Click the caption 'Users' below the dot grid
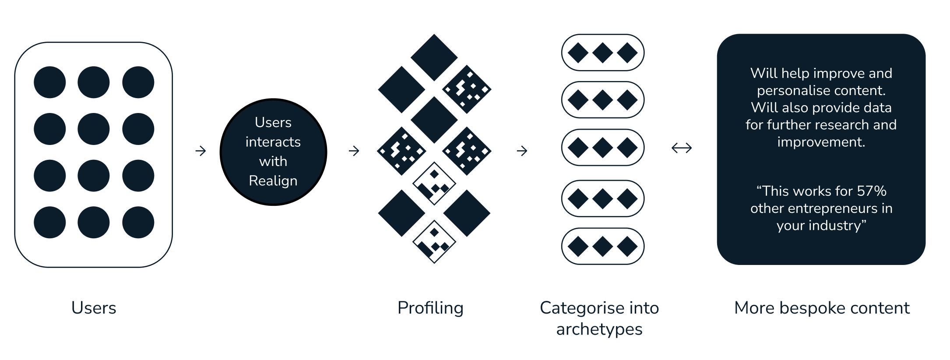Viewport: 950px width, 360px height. click(x=94, y=308)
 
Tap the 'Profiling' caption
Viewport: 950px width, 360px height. click(x=430, y=308)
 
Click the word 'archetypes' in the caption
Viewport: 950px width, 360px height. click(x=599, y=329)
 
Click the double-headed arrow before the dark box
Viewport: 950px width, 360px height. click(x=682, y=148)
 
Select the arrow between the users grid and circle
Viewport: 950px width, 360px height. click(x=201, y=151)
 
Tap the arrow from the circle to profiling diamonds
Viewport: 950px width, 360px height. click(x=354, y=151)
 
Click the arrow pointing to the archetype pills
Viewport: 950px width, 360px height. click(x=522, y=151)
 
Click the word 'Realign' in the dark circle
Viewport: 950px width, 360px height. click(x=273, y=180)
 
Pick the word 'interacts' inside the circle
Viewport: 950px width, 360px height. click(x=273, y=142)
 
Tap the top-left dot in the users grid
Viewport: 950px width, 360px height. click(x=50, y=82)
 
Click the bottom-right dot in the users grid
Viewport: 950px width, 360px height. click(x=138, y=222)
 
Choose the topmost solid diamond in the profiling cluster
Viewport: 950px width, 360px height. click(x=434, y=57)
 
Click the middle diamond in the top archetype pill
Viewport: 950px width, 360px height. click(x=603, y=53)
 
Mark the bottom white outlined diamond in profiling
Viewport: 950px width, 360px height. click(x=434, y=242)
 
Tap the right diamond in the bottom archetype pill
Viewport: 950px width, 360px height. click(x=627, y=246)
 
